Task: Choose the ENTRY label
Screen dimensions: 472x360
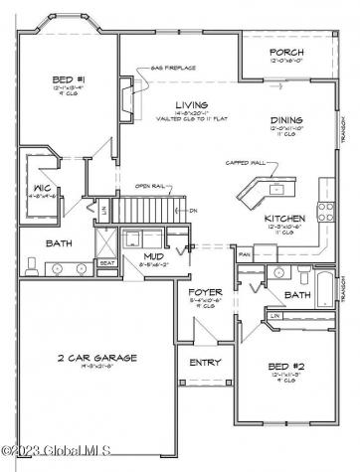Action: coord(204,362)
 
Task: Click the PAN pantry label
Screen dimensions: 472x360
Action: coord(244,254)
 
